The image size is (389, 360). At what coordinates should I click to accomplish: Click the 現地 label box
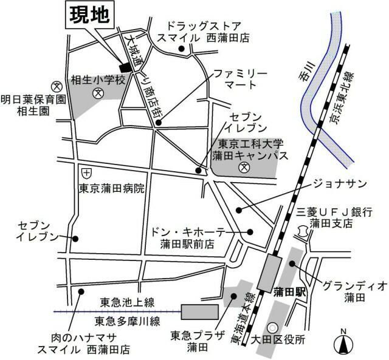[x=88, y=15]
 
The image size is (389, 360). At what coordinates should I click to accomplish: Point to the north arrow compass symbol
[x=343, y=344]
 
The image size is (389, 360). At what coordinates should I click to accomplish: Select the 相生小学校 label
[x=98, y=80]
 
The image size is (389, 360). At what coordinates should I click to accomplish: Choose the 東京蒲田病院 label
[x=112, y=189]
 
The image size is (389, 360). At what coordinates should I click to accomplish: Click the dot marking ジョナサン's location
[x=239, y=210]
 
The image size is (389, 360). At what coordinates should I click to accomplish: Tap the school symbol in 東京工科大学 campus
[x=243, y=168]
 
